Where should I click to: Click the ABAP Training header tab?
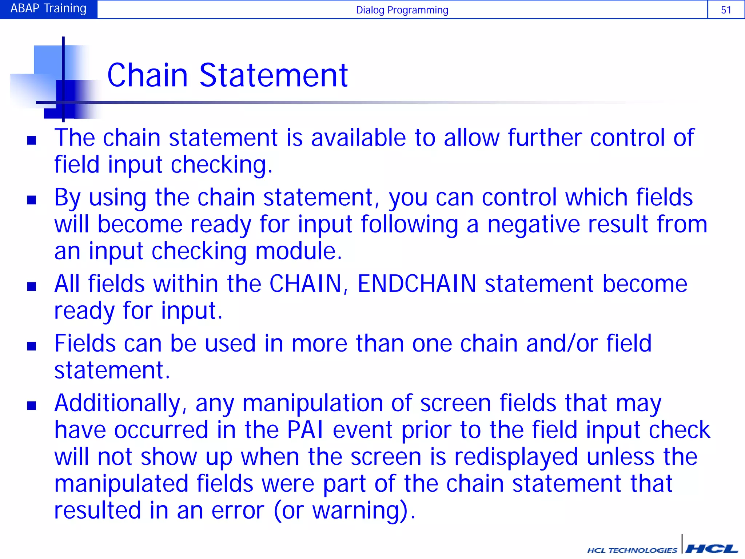[x=48, y=9]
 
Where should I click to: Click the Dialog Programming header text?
[x=402, y=10]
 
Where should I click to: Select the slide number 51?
[x=726, y=10]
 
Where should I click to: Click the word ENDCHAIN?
[x=417, y=284]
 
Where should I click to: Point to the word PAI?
[x=305, y=430]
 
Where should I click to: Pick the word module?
[x=298, y=251]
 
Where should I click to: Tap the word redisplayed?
[x=516, y=457]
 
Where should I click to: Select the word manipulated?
[x=121, y=484]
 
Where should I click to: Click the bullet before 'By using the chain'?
[x=32, y=200]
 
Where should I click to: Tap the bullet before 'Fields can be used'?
[x=32, y=346]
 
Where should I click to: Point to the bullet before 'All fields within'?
[x=32, y=286]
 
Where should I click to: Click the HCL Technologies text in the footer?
[x=632, y=550]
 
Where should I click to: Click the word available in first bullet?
[x=358, y=138]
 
